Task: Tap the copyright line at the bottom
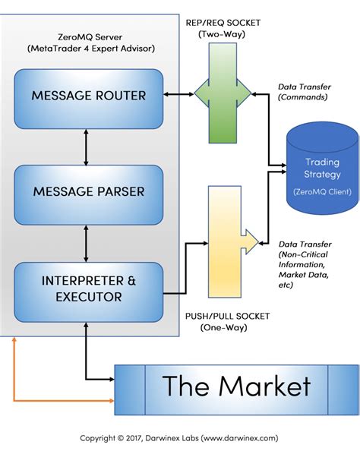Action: [x=180, y=438]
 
